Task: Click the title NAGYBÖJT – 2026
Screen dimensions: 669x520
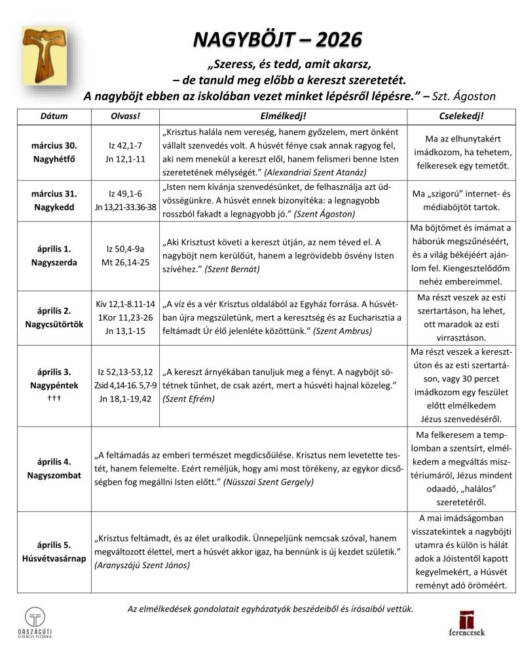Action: point(277,40)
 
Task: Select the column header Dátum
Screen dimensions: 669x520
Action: point(54,116)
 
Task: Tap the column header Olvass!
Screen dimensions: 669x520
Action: point(124,116)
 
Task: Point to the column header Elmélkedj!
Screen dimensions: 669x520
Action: point(282,116)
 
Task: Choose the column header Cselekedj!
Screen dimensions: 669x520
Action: point(460,116)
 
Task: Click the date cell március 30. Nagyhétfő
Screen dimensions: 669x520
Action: point(54,153)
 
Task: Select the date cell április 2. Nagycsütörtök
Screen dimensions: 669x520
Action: point(54,317)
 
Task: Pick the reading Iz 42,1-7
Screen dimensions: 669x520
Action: point(124,145)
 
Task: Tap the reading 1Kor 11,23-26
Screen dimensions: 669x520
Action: point(124,317)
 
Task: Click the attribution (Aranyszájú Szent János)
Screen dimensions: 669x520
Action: point(142,565)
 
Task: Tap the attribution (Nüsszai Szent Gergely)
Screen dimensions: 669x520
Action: point(269,482)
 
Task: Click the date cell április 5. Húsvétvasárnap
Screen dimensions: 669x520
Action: point(54,551)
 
